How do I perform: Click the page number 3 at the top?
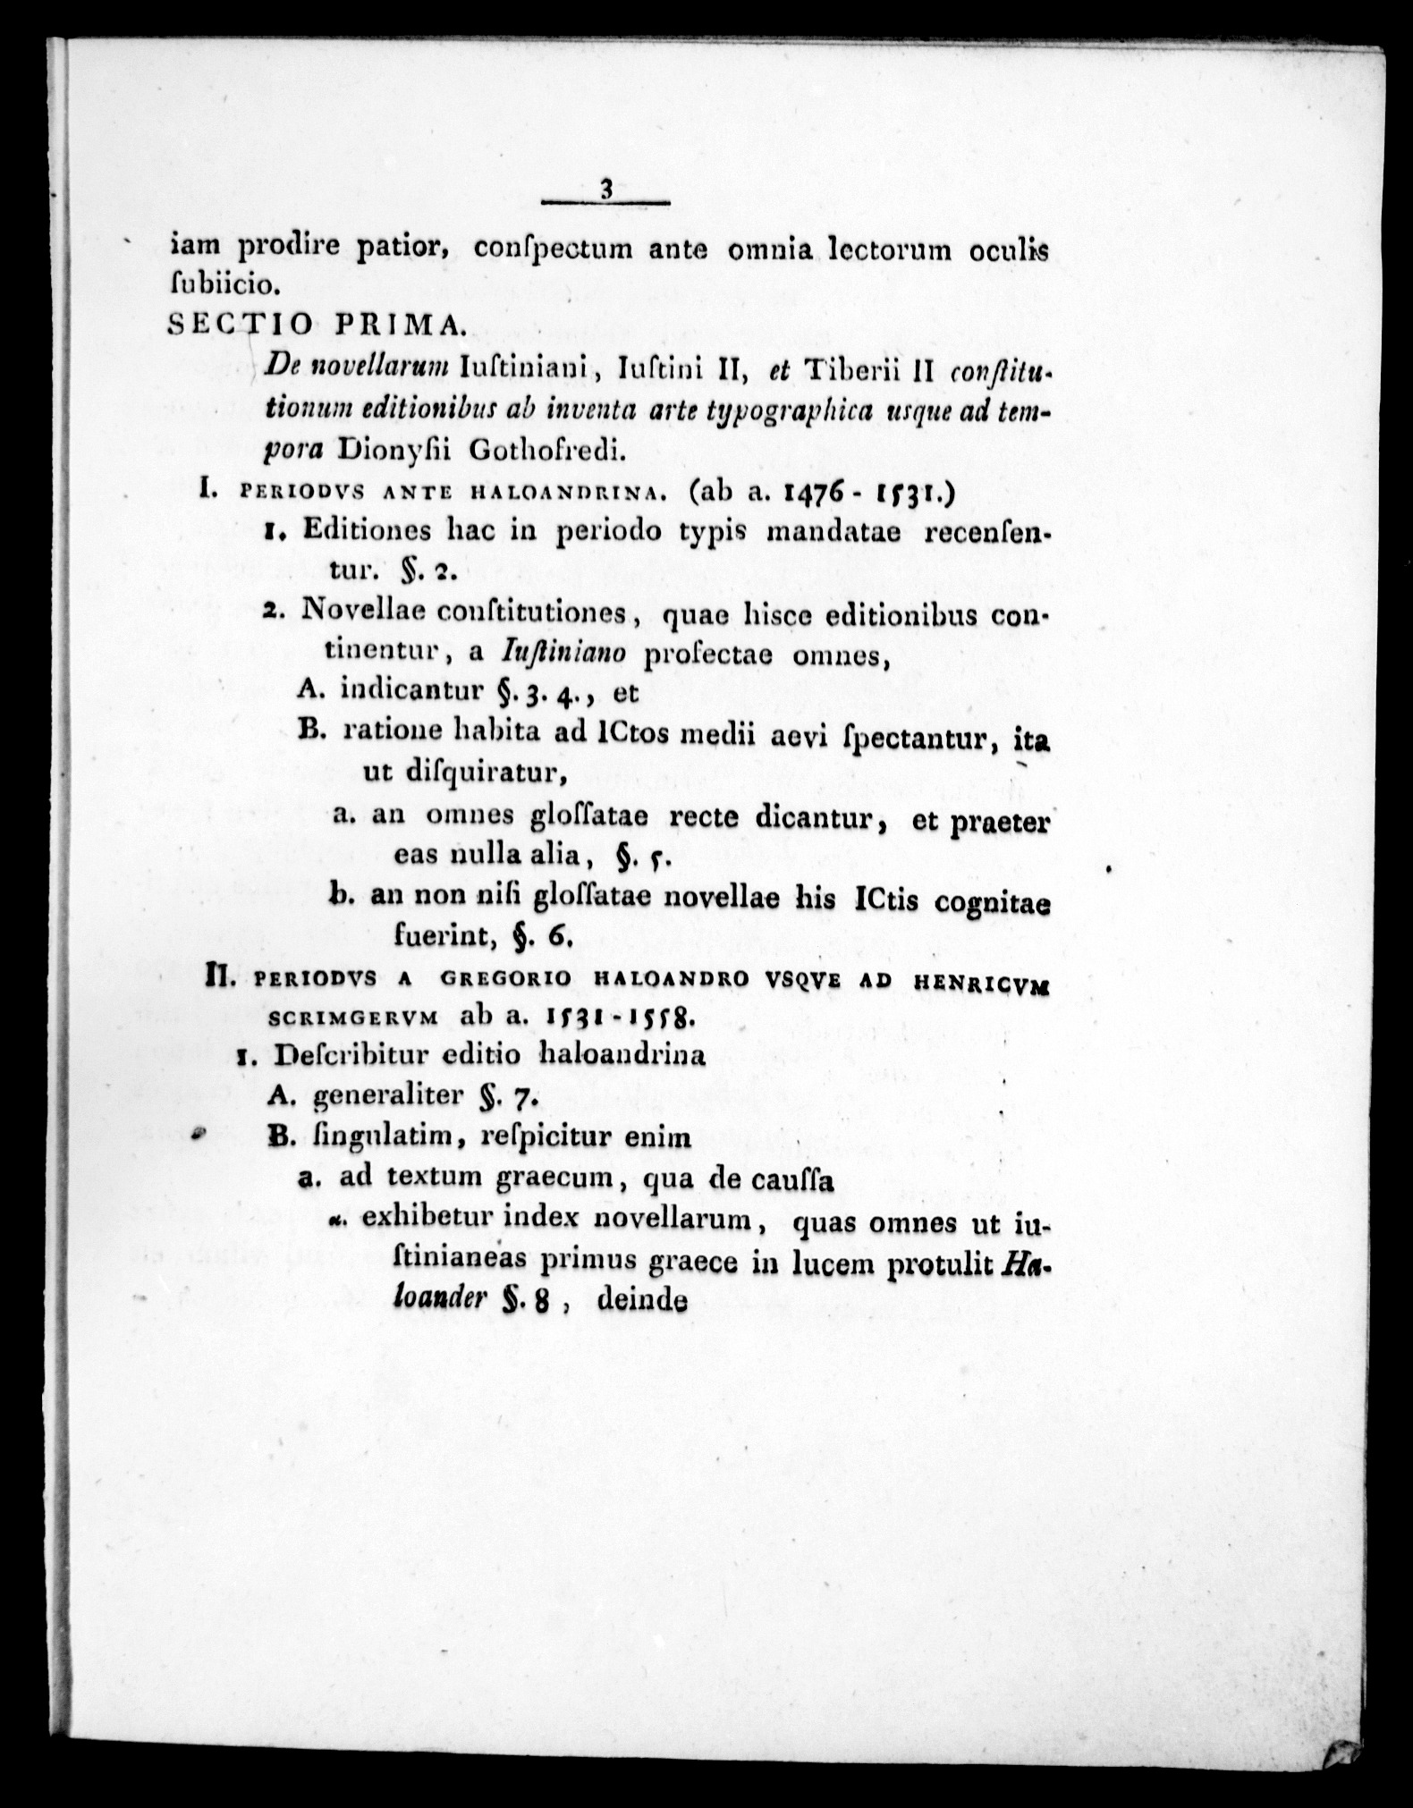click(x=606, y=190)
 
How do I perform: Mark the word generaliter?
click(x=391, y=1095)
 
